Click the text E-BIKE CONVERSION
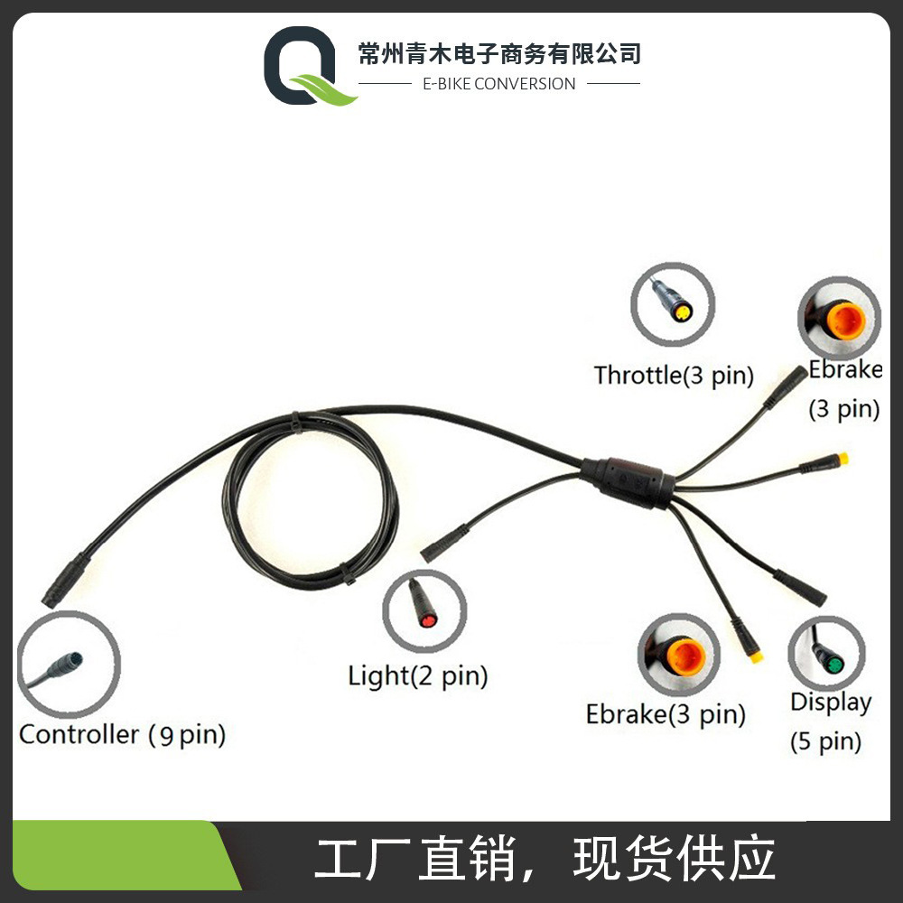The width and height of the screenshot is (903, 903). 498,84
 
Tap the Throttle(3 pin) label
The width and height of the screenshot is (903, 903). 673,375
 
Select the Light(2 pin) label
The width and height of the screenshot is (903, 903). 417,675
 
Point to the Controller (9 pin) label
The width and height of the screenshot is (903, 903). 122,734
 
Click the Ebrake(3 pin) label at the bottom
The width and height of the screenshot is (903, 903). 666,714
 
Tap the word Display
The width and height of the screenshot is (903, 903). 831,702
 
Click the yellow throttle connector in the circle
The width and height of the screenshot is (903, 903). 682,312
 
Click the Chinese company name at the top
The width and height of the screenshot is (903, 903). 498,53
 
